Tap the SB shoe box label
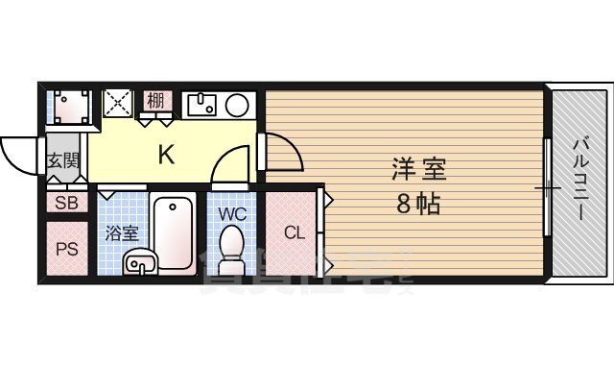tap(66, 203)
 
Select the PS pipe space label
tap(66, 249)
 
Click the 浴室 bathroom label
tap(122, 233)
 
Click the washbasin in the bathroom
tap(140, 261)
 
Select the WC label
tap(233, 214)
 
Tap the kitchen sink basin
tap(204, 105)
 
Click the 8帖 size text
tap(417, 205)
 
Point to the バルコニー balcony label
tap(582, 180)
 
